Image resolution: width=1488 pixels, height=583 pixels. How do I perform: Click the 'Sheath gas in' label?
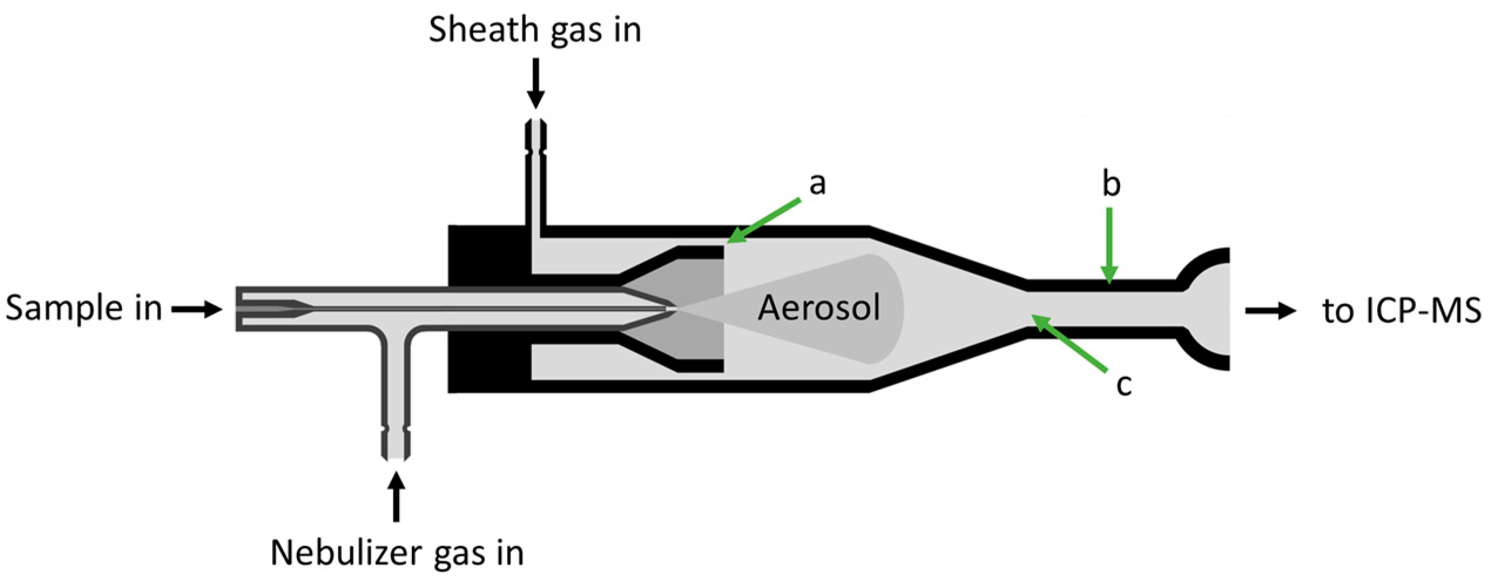pos(535,29)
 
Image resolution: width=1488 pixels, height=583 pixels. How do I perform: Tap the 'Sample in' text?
pos(83,308)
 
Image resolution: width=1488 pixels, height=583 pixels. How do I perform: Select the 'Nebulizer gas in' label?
pos(397,552)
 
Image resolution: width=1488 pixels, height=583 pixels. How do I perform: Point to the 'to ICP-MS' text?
pos(1401,311)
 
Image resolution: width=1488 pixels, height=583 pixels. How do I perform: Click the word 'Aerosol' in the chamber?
pos(819,308)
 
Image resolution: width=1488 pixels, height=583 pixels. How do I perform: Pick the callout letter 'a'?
pos(817,184)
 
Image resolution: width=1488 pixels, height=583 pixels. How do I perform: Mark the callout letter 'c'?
pos(1123,385)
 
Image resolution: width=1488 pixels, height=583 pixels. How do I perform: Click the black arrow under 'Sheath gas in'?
pos(535,83)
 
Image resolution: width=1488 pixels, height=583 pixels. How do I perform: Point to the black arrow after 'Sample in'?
pos(197,309)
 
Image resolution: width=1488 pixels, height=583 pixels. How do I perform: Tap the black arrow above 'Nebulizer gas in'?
pos(397,496)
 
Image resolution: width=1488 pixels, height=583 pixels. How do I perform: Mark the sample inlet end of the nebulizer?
pos(239,308)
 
